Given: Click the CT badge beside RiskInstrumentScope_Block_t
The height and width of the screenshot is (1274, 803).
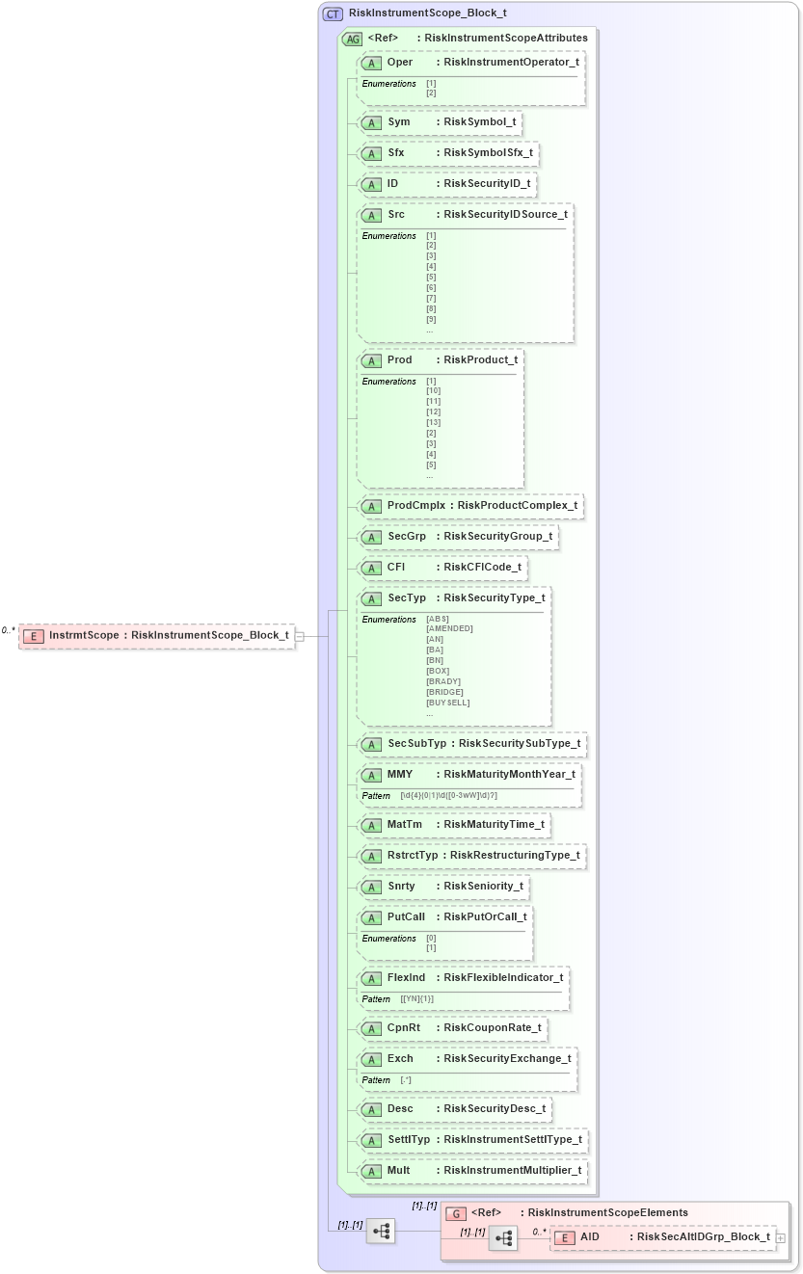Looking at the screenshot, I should coord(333,13).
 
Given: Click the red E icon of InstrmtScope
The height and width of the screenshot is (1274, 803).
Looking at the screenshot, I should coord(34,636).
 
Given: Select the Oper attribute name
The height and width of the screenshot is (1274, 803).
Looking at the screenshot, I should coord(400,62).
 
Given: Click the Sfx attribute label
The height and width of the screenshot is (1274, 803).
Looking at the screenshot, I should coord(396,152).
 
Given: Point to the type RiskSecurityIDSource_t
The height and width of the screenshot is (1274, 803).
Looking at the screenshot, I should coord(505,214).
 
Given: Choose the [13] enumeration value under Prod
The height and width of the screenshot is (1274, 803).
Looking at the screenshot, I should coord(433,422).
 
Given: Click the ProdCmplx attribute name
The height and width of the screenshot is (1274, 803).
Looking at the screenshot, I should coord(416,505).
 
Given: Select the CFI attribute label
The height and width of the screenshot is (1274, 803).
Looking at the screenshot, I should coord(396,567).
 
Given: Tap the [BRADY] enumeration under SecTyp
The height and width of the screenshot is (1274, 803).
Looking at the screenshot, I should coord(443,681).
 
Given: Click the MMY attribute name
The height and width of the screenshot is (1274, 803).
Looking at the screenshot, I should coord(400,774).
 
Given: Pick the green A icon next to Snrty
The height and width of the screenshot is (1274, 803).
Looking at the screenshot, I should coord(371,887).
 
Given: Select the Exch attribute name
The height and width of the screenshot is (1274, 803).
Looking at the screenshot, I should coord(400,1058).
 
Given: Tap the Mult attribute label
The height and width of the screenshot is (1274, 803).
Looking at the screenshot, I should coord(399,1170).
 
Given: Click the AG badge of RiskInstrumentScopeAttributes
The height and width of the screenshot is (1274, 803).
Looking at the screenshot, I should coord(353,39).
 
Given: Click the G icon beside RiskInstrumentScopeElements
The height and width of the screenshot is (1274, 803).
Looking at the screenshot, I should coord(459,1213).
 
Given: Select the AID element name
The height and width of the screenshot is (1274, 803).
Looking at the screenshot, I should coord(590,1236).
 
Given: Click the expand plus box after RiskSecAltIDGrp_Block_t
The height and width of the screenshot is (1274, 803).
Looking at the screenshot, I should coord(780,1237).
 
